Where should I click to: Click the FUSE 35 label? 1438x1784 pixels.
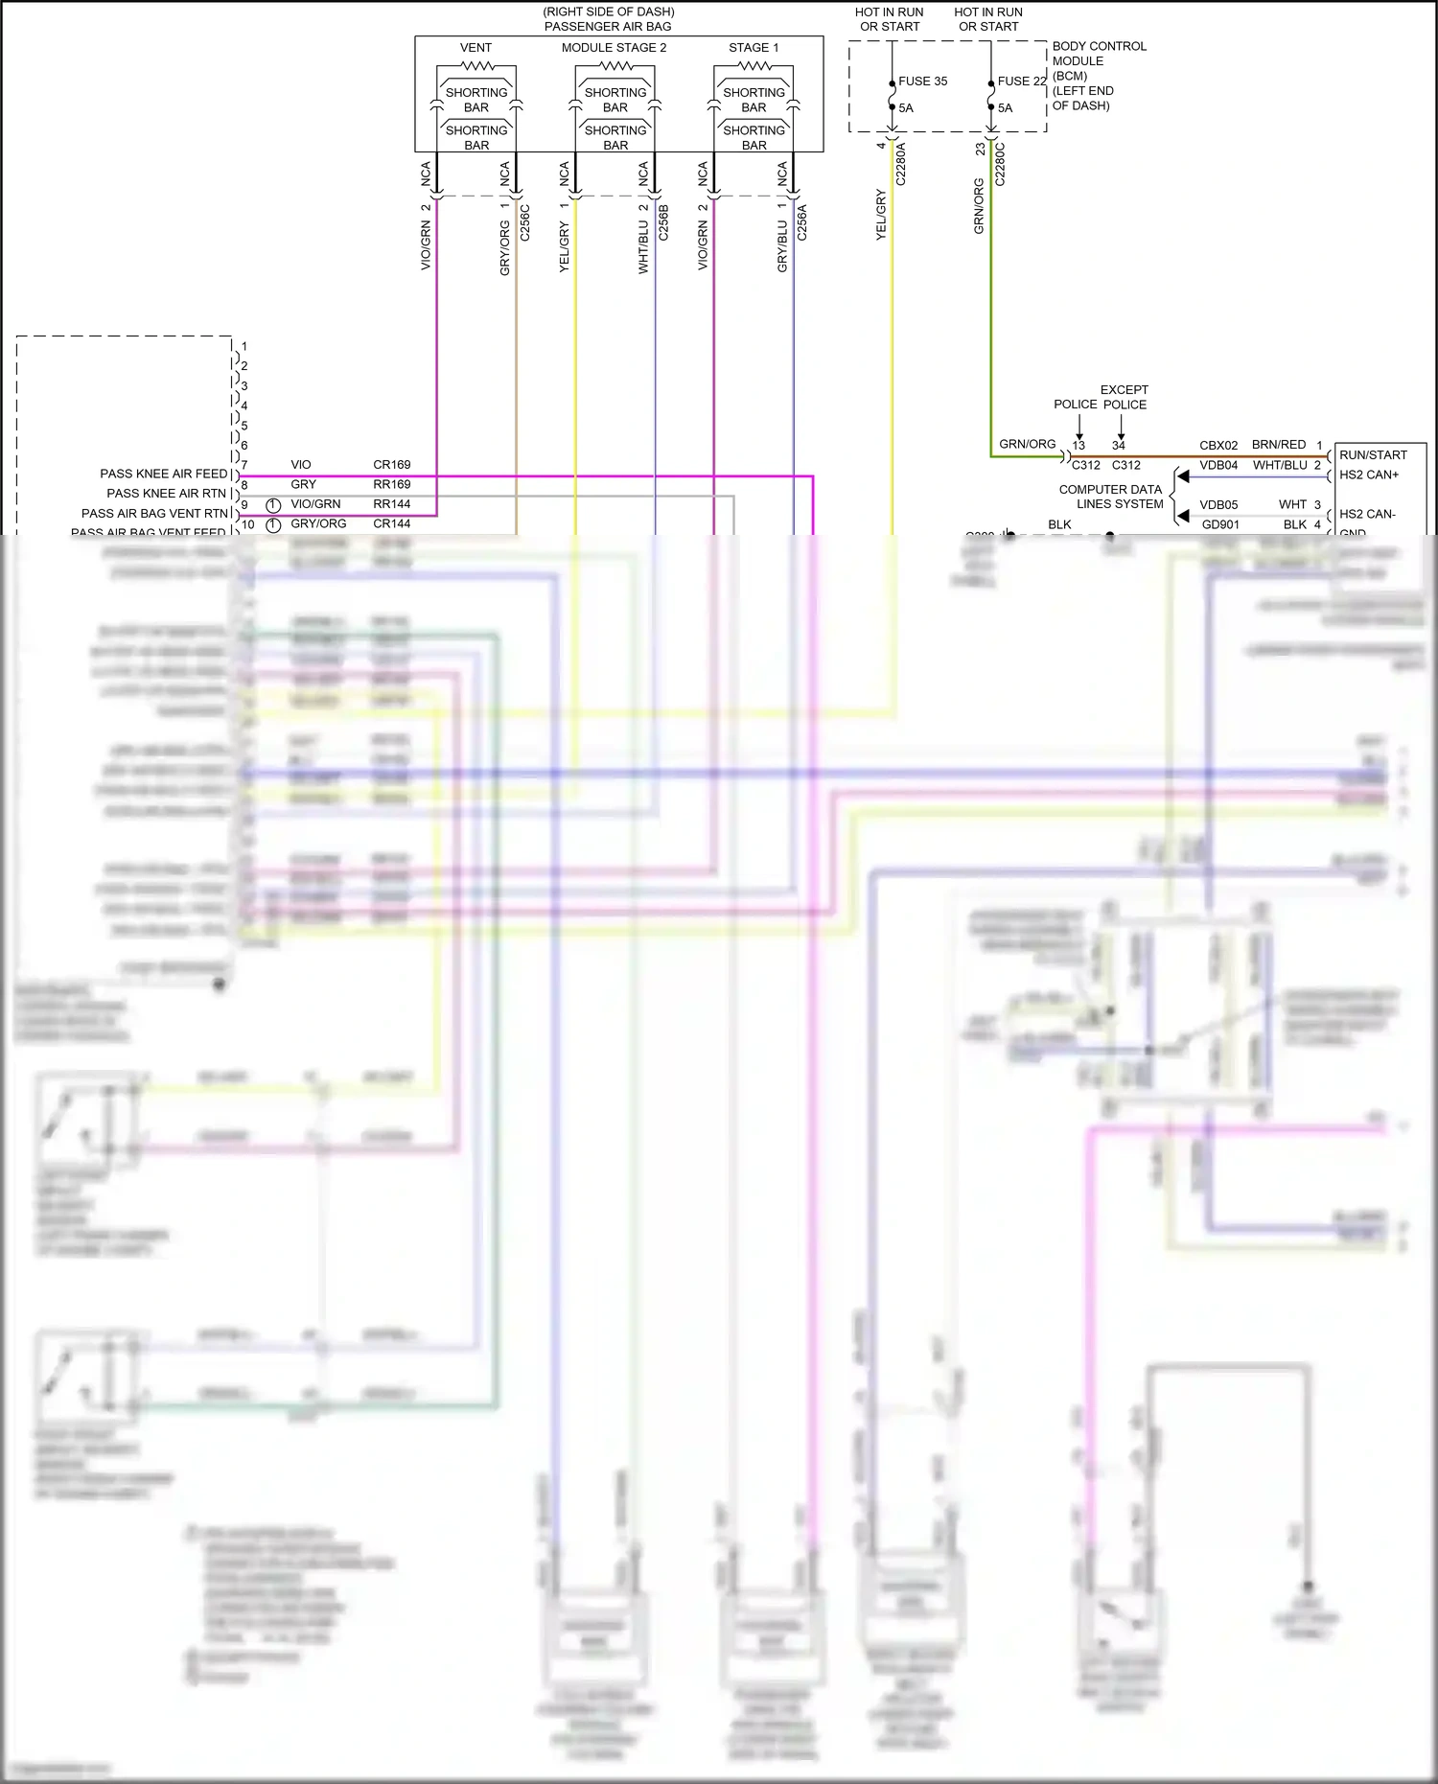[922, 81]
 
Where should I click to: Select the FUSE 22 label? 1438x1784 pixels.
[1022, 81]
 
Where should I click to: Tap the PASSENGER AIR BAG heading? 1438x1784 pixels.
[608, 27]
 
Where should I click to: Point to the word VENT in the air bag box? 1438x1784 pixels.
[475, 48]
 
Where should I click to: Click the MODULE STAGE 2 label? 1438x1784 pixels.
[614, 48]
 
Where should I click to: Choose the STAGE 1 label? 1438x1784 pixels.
[754, 48]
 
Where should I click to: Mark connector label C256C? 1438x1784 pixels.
[524, 221]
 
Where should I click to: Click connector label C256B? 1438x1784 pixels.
[663, 221]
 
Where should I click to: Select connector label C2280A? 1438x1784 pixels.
[900, 164]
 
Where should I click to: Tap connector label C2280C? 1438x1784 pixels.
[1000, 164]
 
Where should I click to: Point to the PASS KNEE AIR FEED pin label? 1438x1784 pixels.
[164, 474]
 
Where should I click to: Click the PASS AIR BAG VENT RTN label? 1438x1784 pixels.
[155, 514]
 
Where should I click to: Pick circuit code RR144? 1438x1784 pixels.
[391, 504]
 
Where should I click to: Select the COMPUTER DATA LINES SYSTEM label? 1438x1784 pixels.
[1112, 497]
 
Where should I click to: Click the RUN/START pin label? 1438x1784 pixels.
[1373, 455]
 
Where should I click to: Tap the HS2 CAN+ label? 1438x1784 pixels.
[1369, 475]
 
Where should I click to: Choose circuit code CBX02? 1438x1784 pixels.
[1218, 446]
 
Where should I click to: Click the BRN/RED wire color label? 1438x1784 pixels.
[1279, 445]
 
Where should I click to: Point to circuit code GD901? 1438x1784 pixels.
[1220, 524]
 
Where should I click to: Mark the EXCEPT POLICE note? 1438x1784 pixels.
[1124, 397]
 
